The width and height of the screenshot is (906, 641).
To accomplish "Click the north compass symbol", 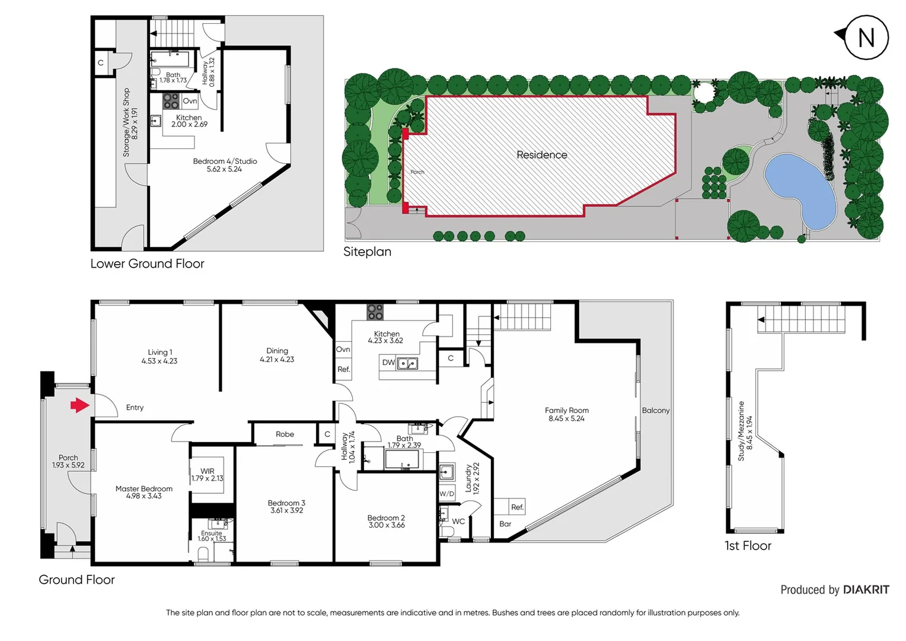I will pos(866,37).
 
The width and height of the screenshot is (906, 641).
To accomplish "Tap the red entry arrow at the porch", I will pos(79,406).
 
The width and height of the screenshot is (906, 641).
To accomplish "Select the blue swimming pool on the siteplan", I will pos(800,189).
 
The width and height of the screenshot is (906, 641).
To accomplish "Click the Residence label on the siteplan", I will pos(541,155).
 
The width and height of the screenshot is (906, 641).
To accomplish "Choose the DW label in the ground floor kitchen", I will pos(388,363).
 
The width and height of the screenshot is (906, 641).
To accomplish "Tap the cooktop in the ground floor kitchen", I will pos(375,312).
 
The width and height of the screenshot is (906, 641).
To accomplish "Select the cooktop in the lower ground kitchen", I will pos(171,101).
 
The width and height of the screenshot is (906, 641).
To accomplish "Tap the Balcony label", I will pos(655,411).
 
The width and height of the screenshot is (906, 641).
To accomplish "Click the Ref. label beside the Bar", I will pos(517,507).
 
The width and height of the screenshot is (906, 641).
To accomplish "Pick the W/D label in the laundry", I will pos(446,494).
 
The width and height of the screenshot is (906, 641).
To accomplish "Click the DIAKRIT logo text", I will pos(866,590).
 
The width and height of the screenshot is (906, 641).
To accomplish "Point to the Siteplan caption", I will pos(367,252).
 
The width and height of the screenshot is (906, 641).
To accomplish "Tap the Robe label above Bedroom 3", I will pos(285,434).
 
